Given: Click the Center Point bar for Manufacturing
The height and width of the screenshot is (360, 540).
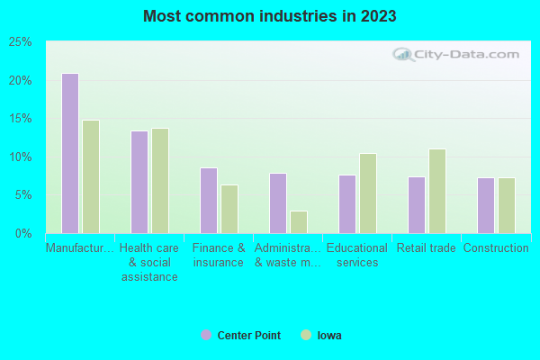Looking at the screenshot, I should pyautogui.click(x=69, y=153).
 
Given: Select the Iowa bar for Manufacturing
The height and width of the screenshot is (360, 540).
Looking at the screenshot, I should pyautogui.click(x=90, y=176).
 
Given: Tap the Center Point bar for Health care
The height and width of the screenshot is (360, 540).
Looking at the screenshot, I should pyautogui.click(x=139, y=182).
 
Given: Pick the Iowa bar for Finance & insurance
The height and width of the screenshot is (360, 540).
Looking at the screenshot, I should pyautogui.click(x=229, y=209).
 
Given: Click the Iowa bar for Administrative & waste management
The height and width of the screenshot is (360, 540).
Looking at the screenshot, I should pyautogui.click(x=298, y=221).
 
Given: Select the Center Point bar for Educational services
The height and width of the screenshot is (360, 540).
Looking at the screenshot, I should pyautogui.click(x=346, y=203).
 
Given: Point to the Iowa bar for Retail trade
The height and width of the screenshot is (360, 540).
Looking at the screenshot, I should pyautogui.click(x=436, y=191).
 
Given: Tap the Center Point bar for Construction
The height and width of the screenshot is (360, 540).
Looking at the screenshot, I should pyautogui.click(x=485, y=205).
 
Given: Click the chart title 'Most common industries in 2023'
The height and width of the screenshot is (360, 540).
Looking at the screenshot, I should pyautogui.click(x=269, y=16).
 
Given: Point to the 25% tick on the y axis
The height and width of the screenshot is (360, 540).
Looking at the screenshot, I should pyautogui.click(x=21, y=42).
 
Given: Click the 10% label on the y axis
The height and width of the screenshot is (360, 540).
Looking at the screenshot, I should pyautogui.click(x=21, y=157).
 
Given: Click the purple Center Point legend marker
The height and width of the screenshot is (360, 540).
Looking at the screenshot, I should pyautogui.click(x=206, y=335).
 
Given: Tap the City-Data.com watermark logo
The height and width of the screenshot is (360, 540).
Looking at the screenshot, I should pyautogui.click(x=459, y=54).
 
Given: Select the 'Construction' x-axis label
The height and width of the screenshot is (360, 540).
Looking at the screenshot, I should pyautogui.click(x=495, y=248).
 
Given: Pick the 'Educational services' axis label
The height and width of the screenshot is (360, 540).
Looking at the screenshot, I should pyautogui.click(x=356, y=256).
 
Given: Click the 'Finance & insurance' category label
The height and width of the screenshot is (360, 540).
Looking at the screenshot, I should pyautogui.click(x=218, y=256).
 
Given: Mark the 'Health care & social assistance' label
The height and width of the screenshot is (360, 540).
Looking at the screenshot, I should pyautogui.click(x=149, y=262).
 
